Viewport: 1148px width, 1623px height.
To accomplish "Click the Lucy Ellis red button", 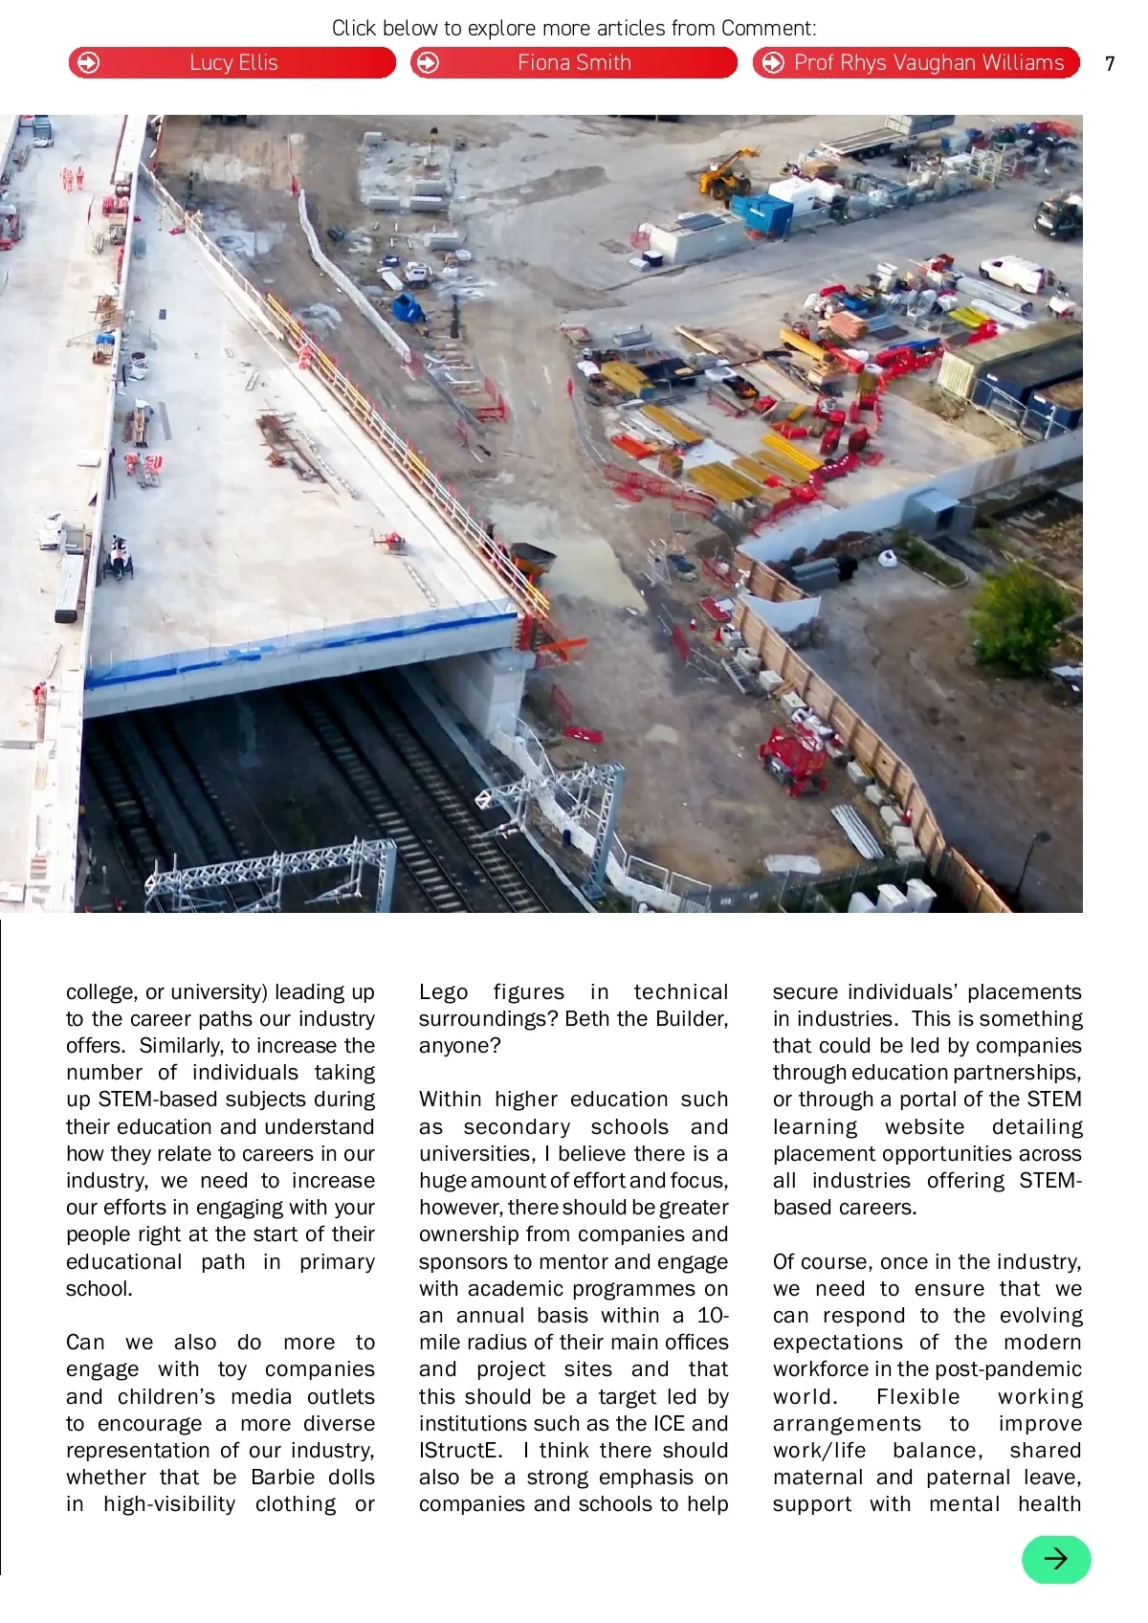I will tap(232, 63).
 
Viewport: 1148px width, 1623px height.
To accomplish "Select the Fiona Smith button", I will tap(574, 63).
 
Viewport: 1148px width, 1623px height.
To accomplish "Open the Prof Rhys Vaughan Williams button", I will tap(916, 63).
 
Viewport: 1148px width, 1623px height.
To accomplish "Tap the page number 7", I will tap(1110, 64).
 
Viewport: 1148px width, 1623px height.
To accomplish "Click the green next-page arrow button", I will tap(1056, 1559).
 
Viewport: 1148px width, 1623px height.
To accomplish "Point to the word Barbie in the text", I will tap(282, 1477).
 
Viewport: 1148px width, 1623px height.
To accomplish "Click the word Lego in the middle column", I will tap(443, 991).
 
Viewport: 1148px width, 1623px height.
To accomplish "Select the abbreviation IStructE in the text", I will tap(460, 1450).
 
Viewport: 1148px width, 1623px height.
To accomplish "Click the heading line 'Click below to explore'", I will tap(574, 28).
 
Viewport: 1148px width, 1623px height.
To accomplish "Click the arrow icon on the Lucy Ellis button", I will tap(88, 63).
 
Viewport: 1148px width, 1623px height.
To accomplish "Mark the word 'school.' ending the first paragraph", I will tap(99, 1288).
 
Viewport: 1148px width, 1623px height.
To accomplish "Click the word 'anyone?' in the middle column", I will tap(459, 1045).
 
